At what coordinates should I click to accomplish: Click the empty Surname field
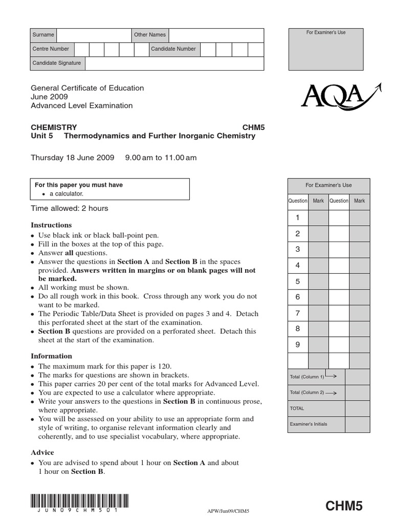click(x=94, y=35)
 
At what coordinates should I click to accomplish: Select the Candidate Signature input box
click(x=174, y=63)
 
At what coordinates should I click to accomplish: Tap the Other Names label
click(x=149, y=35)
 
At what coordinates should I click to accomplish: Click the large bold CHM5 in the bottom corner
click(x=344, y=506)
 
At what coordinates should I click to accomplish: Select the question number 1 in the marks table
click(x=298, y=218)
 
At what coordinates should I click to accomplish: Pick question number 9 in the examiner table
click(x=298, y=344)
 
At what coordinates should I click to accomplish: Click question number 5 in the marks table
click(x=298, y=281)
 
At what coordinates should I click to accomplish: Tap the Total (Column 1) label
click(x=307, y=377)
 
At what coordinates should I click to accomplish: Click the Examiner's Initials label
click(x=308, y=424)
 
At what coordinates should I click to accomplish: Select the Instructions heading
click(x=51, y=225)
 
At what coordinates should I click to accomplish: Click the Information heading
click(x=51, y=356)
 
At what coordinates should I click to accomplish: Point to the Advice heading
click(x=42, y=452)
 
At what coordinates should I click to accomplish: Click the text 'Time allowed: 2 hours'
click(x=70, y=208)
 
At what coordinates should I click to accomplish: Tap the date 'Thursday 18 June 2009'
click(x=73, y=158)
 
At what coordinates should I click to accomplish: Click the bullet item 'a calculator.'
click(x=67, y=194)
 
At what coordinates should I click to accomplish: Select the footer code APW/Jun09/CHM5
click(x=227, y=511)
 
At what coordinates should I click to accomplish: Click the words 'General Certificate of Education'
click(x=88, y=88)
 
